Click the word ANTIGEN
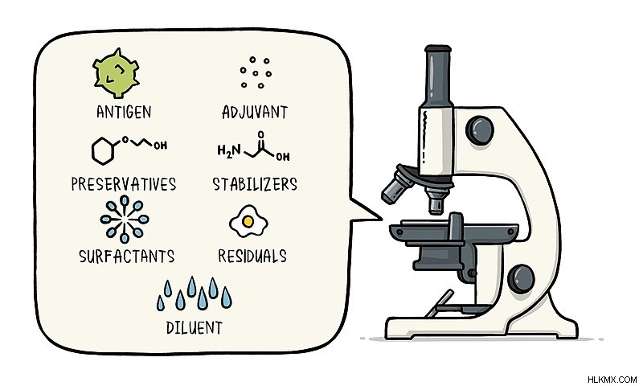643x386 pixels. click(x=124, y=112)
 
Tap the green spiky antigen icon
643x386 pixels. click(x=116, y=73)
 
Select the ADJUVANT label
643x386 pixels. click(x=255, y=112)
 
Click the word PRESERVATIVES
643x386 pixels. click(x=124, y=184)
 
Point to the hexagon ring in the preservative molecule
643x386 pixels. click(x=102, y=151)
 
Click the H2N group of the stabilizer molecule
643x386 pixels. click(x=229, y=151)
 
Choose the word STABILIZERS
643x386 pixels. click(x=255, y=184)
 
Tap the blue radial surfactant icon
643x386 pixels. click(x=125, y=219)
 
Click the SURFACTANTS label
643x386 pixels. click(x=127, y=257)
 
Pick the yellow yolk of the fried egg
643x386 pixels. click(x=248, y=221)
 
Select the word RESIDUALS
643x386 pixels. click(x=252, y=256)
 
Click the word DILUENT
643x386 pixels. click(x=195, y=328)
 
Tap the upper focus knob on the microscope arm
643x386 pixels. click(x=479, y=130)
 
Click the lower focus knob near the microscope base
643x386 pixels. click(x=521, y=279)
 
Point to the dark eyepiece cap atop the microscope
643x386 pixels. click(x=438, y=49)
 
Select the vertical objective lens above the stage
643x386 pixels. click(x=436, y=201)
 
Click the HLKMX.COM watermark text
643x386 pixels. click(x=612, y=380)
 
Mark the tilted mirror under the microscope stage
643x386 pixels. click(x=439, y=304)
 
